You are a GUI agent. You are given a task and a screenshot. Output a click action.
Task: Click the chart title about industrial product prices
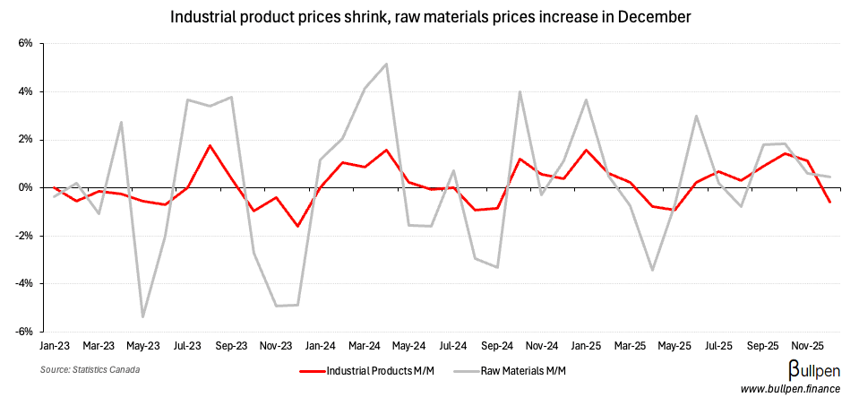click(429, 16)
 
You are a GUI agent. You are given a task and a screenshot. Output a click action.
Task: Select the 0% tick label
click(26, 187)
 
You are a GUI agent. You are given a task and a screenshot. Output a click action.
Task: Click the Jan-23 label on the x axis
click(55, 345)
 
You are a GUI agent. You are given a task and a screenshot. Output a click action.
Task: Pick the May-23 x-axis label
click(143, 345)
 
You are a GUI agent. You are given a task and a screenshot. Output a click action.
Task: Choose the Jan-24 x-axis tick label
click(319, 345)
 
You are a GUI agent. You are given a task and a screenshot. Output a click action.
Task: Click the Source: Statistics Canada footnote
click(90, 369)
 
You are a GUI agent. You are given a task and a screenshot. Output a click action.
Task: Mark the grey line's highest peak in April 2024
click(386, 64)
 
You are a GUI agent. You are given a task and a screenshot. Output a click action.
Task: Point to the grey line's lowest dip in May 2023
click(143, 317)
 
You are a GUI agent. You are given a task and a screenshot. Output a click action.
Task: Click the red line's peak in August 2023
click(210, 145)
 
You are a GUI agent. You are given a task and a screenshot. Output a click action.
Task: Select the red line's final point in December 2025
click(829, 203)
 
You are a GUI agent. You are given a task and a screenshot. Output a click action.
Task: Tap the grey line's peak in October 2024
click(520, 91)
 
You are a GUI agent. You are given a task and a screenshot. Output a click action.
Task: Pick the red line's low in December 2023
click(297, 226)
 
